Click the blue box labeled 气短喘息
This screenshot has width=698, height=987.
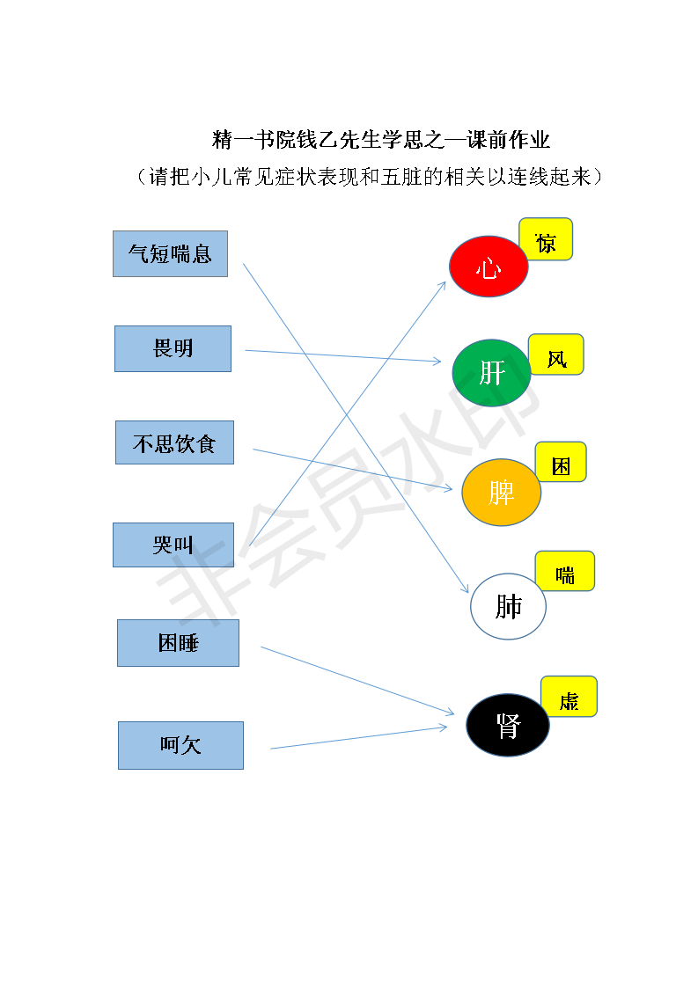(170, 253)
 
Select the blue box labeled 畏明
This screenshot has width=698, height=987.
(173, 348)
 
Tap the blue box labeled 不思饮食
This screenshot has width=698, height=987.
(174, 442)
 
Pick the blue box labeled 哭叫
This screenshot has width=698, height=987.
(173, 545)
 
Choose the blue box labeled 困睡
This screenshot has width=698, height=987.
(179, 643)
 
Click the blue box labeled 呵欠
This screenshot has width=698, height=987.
(180, 745)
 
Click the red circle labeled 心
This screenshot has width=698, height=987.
(489, 267)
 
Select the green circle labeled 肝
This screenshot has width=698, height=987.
(491, 373)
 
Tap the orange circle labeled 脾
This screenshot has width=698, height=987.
(502, 493)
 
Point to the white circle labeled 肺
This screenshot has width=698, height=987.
(509, 606)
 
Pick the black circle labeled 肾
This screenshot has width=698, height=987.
(508, 725)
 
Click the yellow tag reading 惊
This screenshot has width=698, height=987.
(547, 239)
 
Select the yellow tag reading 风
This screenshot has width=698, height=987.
(556, 355)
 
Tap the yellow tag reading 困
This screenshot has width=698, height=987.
(561, 462)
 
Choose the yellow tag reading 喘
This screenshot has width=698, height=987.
(565, 571)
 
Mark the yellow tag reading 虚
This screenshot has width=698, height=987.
(569, 696)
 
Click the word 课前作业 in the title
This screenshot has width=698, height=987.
(509, 140)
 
